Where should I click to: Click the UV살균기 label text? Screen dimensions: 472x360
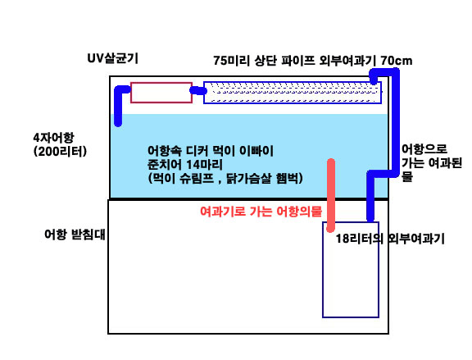click(x=112, y=58)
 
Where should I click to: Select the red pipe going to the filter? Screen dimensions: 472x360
click(x=331, y=195)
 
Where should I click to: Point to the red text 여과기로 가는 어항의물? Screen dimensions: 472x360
click(x=261, y=212)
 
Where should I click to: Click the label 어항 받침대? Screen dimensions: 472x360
click(x=75, y=235)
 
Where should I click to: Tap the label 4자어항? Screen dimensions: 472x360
click(x=53, y=138)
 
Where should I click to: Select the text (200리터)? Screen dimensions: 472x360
click(x=60, y=152)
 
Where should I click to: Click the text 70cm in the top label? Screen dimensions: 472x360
click(x=396, y=61)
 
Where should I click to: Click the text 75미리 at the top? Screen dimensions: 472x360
click(x=231, y=61)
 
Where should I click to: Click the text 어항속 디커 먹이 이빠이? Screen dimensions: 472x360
click(x=211, y=151)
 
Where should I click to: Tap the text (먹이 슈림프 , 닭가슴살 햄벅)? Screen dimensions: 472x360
click(x=225, y=179)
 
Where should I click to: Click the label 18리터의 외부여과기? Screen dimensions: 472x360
click(x=390, y=239)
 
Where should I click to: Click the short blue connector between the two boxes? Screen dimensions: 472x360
click(x=198, y=90)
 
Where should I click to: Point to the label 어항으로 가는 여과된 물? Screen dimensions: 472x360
click(x=432, y=163)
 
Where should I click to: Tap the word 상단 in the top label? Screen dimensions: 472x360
click(x=265, y=61)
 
